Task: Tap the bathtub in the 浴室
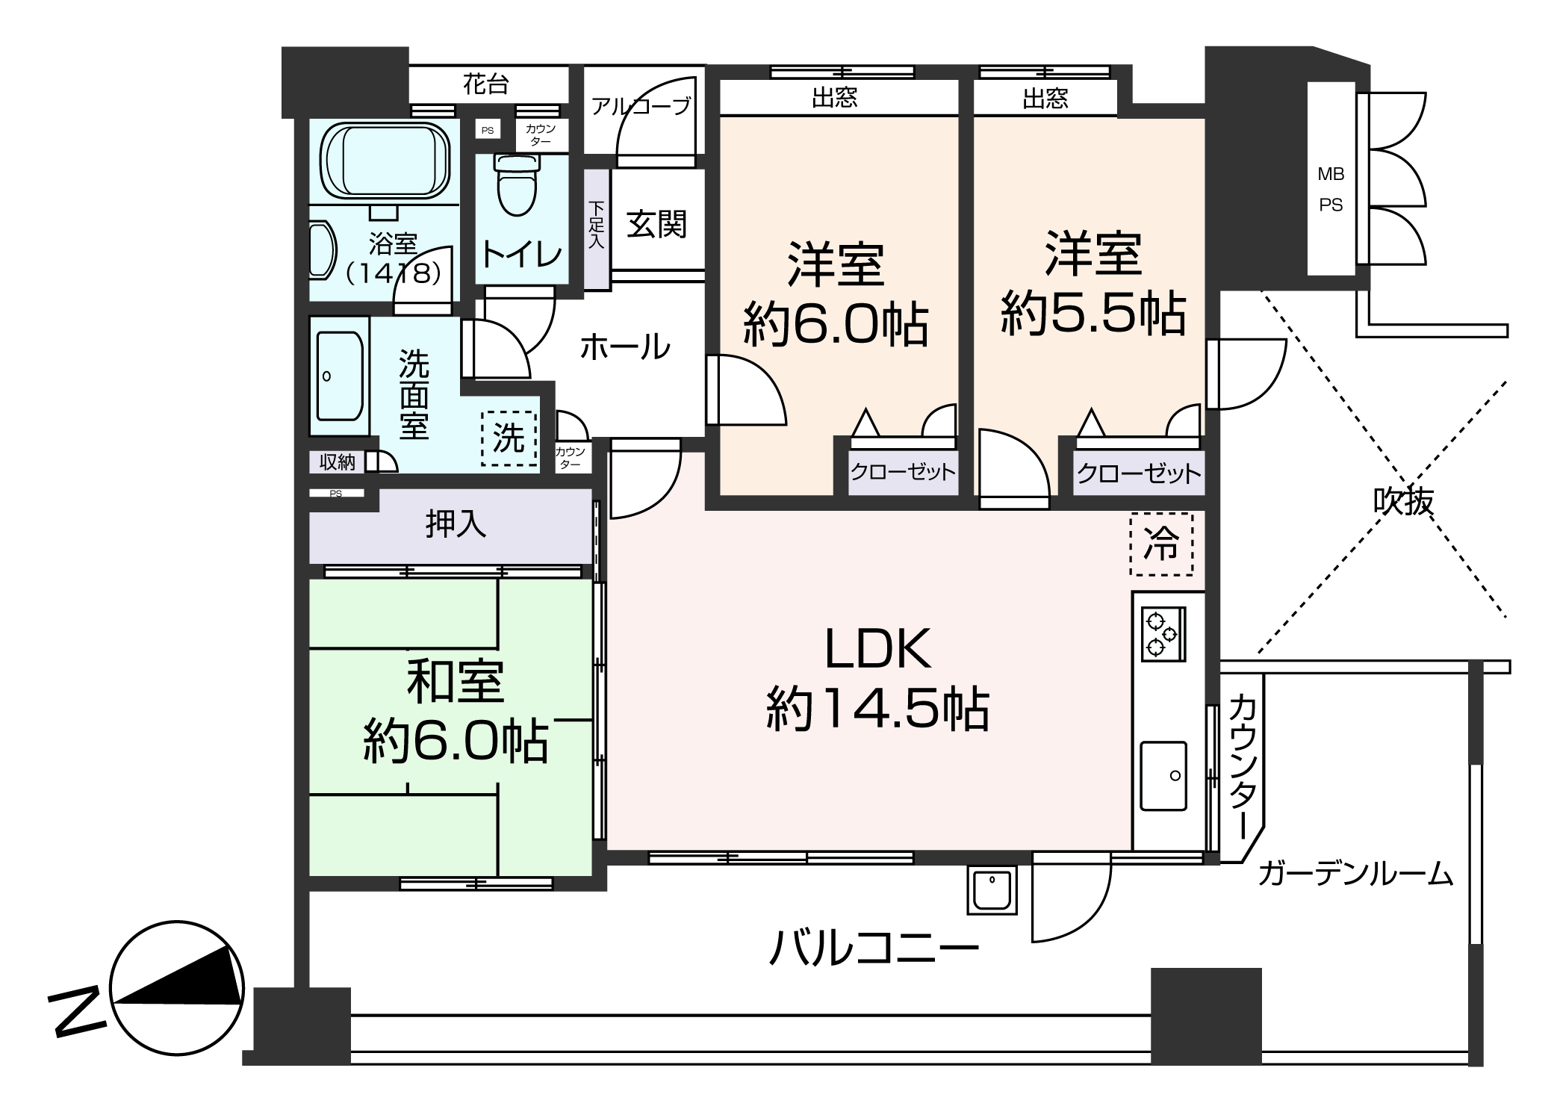click(x=385, y=162)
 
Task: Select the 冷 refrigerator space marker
click(x=1161, y=544)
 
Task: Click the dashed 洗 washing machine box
click(x=509, y=438)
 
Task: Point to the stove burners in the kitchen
click(x=1159, y=633)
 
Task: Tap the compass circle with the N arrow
click(x=176, y=987)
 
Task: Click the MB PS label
click(x=1331, y=190)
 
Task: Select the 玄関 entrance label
click(x=656, y=223)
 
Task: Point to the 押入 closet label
click(x=456, y=524)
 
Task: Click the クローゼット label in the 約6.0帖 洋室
click(x=903, y=472)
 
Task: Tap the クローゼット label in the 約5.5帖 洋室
click(x=1139, y=473)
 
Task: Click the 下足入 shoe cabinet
click(x=596, y=229)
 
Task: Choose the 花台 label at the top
click(x=485, y=84)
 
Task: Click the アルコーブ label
click(x=641, y=107)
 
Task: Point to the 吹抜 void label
click(x=1403, y=501)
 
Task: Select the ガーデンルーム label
click(x=1355, y=873)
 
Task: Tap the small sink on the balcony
click(x=992, y=889)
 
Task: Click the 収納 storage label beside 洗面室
click(x=338, y=462)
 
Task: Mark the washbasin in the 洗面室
click(x=340, y=376)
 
